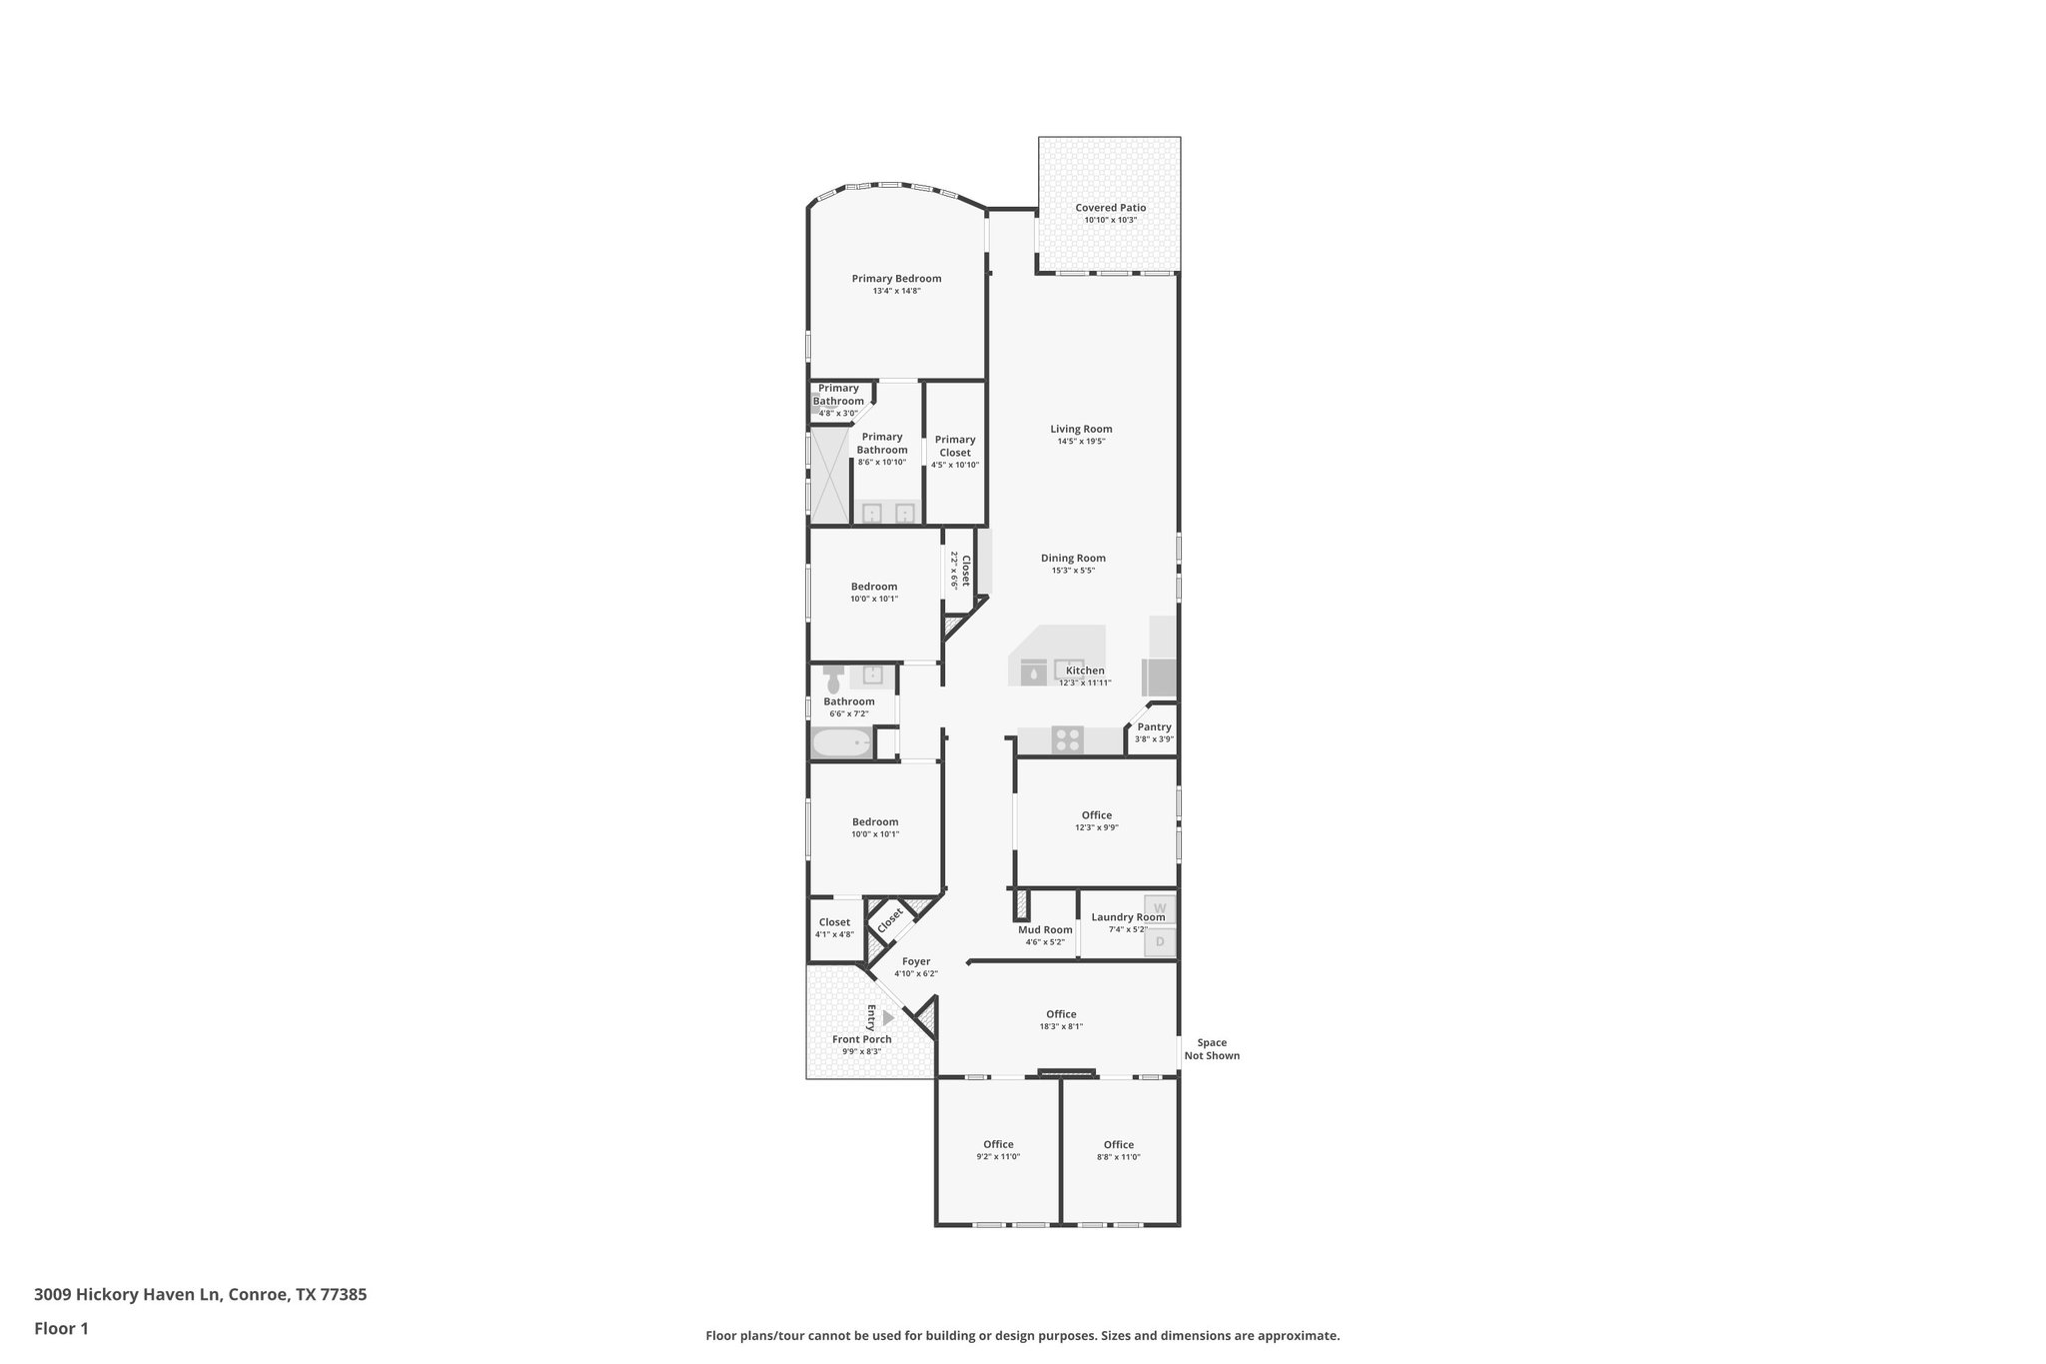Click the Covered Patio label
(1110, 208)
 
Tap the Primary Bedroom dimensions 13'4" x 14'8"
(896, 291)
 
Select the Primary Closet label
(955, 446)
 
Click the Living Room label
(1081, 429)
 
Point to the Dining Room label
(1073, 559)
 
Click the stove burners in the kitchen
(1068, 739)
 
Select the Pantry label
(1154, 727)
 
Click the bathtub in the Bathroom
(841, 743)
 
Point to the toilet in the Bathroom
(833, 679)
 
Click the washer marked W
(1160, 908)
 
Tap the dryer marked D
(1160, 941)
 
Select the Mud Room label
(1045, 929)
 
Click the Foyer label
(916, 961)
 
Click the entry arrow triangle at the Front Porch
(887, 1017)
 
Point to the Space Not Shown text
(1212, 1049)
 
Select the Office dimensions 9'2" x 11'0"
(998, 1157)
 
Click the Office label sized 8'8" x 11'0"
(1118, 1145)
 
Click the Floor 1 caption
(61, 1328)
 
